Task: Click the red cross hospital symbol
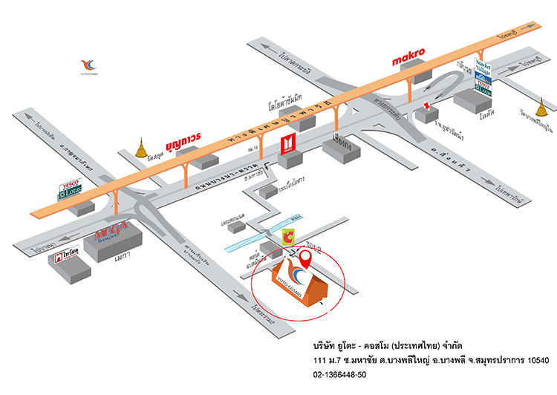pos(428,106)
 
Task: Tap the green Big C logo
pos(288,237)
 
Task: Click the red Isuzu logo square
pos(288,143)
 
